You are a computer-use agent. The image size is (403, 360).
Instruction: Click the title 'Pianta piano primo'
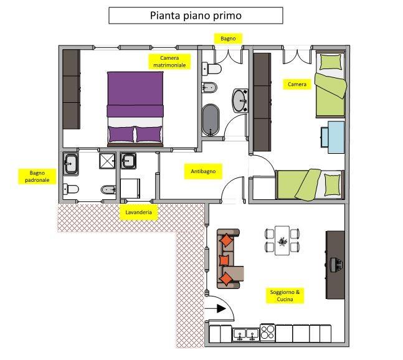tap(196, 16)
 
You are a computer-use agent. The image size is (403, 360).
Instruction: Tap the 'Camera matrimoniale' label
tap(169, 62)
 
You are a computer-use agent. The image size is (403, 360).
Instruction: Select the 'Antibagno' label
tap(203, 171)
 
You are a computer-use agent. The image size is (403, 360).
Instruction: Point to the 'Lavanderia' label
tap(138, 212)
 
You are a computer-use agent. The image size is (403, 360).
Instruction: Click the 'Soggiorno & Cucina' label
tap(285, 295)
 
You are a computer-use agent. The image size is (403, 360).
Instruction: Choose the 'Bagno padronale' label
tap(37, 176)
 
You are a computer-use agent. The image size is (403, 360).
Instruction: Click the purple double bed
tap(135, 109)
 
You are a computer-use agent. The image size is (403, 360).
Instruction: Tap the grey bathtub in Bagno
tap(211, 120)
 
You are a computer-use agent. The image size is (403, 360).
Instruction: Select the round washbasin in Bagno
tap(240, 100)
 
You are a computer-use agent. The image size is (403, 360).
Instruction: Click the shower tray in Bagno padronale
tap(107, 161)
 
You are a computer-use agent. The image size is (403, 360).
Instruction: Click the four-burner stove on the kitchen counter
tap(268, 333)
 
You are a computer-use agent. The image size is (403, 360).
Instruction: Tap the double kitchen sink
tap(246, 335)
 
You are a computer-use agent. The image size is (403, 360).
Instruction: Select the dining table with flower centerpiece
tap(282, 240)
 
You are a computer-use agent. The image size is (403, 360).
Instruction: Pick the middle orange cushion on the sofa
tap(224, 260)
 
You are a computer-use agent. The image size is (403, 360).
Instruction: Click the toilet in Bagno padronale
tap(70, 189)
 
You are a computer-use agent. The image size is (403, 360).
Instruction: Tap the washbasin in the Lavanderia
tap(128, 161)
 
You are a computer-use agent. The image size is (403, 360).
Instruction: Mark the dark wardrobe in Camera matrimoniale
tap(72, 89)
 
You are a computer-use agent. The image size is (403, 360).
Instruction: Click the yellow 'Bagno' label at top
tap(228, 39)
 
